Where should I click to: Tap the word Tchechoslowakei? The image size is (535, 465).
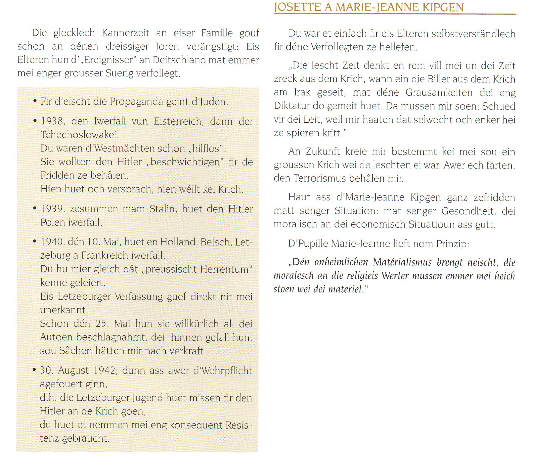pyautogui.click(x=79, y=135)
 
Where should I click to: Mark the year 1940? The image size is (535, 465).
pyautogui.click(x=52, y=242)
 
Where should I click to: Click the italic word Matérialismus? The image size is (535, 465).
pyautogui.click(x=402, y=262)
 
